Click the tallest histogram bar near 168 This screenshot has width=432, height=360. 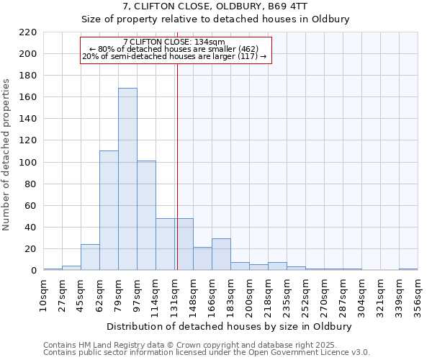(x=127, y=179)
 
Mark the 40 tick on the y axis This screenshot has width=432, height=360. (x=31, y=228)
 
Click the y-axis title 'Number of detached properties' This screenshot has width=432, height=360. (x=6, y=155)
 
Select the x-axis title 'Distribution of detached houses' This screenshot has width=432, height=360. (x=230, y=326)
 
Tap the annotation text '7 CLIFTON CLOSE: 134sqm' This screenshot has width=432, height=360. (x=174, y=42)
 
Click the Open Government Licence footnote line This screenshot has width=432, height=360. (x=206, y=353)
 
